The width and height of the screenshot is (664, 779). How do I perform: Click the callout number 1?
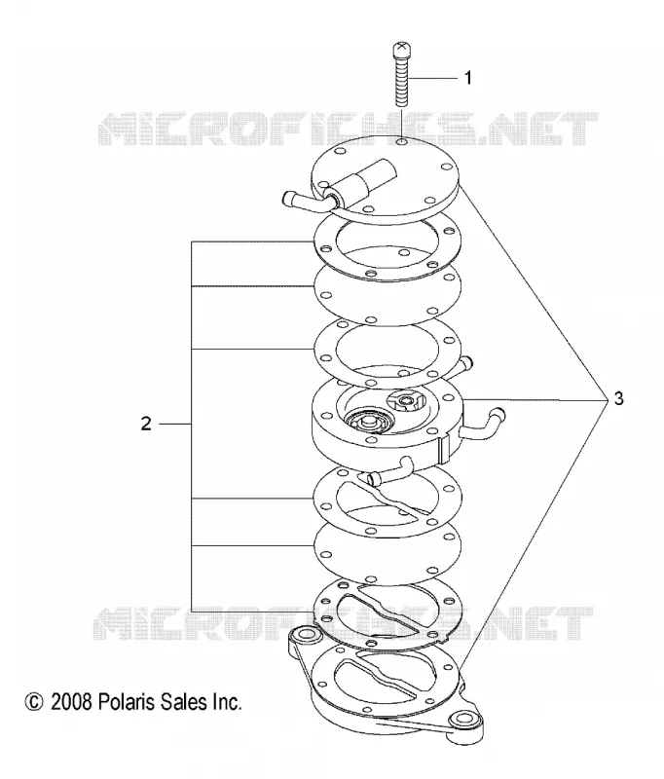point(467,78)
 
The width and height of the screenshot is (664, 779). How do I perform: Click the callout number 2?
point(146,424)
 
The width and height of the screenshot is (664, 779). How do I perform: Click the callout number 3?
point(618,398)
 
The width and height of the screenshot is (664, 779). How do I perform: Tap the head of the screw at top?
point(401,50)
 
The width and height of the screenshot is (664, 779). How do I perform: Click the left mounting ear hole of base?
point(302,635)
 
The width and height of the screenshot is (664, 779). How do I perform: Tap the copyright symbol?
point(34,702)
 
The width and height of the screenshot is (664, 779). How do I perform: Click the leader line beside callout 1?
point(432,79)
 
